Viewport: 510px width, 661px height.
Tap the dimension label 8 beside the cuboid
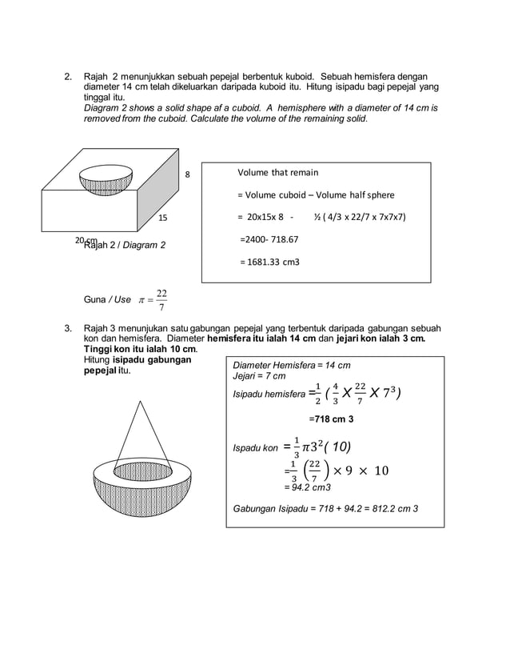pyautogui.click(x=189, y=174)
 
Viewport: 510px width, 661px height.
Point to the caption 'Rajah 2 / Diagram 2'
pyautogui.click(x=124, y=244)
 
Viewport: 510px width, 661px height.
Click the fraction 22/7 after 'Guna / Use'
pyautogui.click(x=161, y=299)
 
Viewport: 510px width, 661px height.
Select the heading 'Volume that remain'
pyautogui.click(x=277, y=173)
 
